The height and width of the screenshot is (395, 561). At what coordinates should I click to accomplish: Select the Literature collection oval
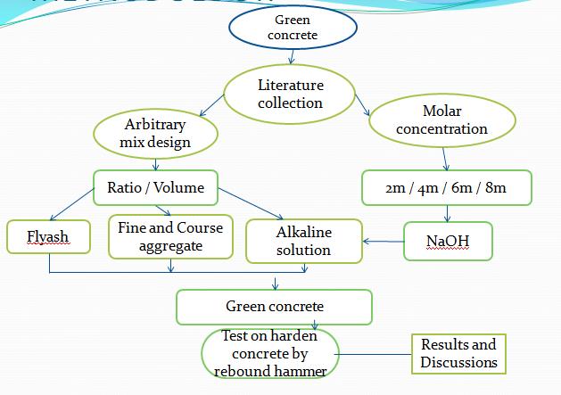tap(291, 95)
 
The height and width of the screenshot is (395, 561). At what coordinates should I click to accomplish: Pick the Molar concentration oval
tap(442, 119)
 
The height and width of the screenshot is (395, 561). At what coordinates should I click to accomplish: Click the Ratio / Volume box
tap(155, 187)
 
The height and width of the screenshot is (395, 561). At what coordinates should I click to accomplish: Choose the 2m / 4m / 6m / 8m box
tap(447, 188)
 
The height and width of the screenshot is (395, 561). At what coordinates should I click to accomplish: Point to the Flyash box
tap(49, 237)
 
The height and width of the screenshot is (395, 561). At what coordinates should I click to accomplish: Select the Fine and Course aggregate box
tap(170, 236)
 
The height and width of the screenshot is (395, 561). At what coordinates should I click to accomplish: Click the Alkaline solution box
tap(303, 241)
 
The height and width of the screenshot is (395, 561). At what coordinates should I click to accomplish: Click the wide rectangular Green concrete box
tap(275, 307)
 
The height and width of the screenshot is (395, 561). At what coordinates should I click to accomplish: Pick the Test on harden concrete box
tap(270, 353)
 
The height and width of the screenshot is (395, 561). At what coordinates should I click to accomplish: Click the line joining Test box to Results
tap(375, 354)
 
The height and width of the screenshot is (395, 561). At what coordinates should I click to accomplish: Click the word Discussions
tap(458, 362)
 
